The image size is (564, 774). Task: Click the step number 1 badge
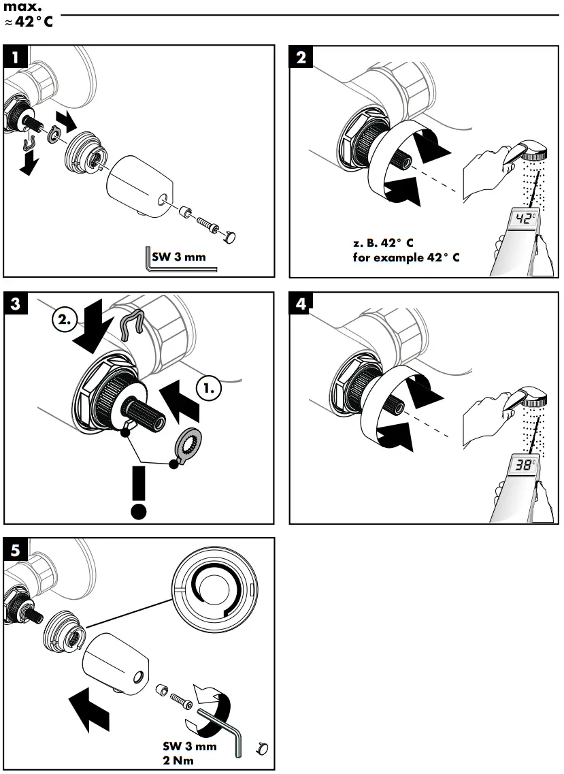pyautogui.click(x=14, y=56)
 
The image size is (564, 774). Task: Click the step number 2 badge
pyautogui.click(x=301, y=56)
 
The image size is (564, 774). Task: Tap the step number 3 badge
pyautogui.click(x=14, y=303)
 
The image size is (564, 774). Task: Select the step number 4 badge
pyautogui.click(x=301, y=303)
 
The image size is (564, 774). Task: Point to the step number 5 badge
pyautogui.click(x=14, y=548)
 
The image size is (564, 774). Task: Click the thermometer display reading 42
pyautogui.click(x=523, y=219)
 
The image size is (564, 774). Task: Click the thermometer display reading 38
pyautogui.click(x=523, y=466)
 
